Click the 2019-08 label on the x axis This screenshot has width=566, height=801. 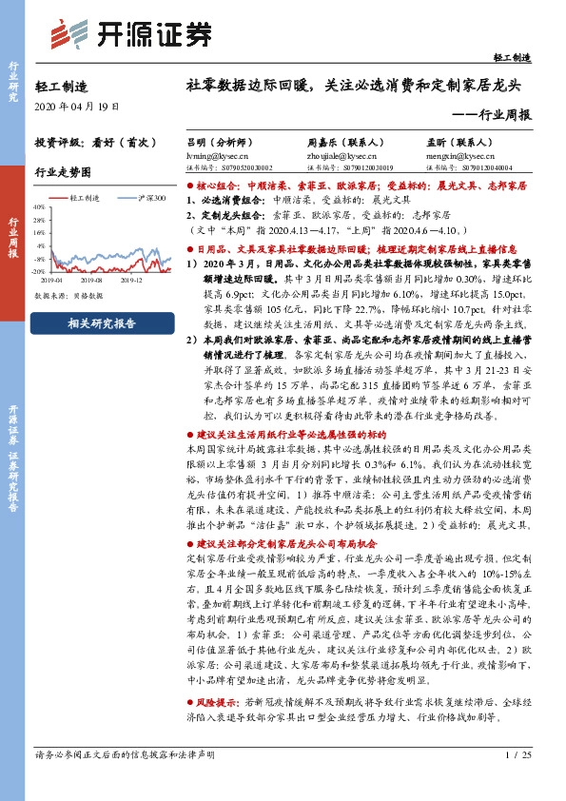coord(91,281)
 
